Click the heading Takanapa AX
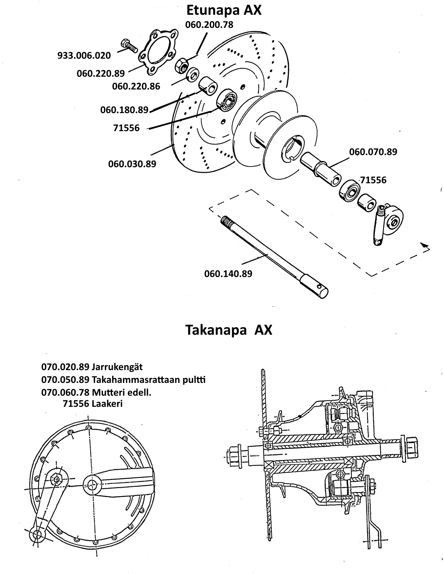pos(229,330)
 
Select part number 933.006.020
pos(84,55)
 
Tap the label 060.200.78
pos(209,25)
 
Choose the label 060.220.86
pos(136,86)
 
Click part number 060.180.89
pos(125,110)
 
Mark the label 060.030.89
pos(132,164)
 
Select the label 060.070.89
pos(373,152)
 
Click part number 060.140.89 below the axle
pos(228,273)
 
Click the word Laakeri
pos(107,404)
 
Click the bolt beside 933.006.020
pos(129,47)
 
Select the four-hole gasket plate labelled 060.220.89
pos(158,51)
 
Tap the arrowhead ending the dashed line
pos(425,247)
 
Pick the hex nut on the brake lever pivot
pos(57,479)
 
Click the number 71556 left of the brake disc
pos(127,128)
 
